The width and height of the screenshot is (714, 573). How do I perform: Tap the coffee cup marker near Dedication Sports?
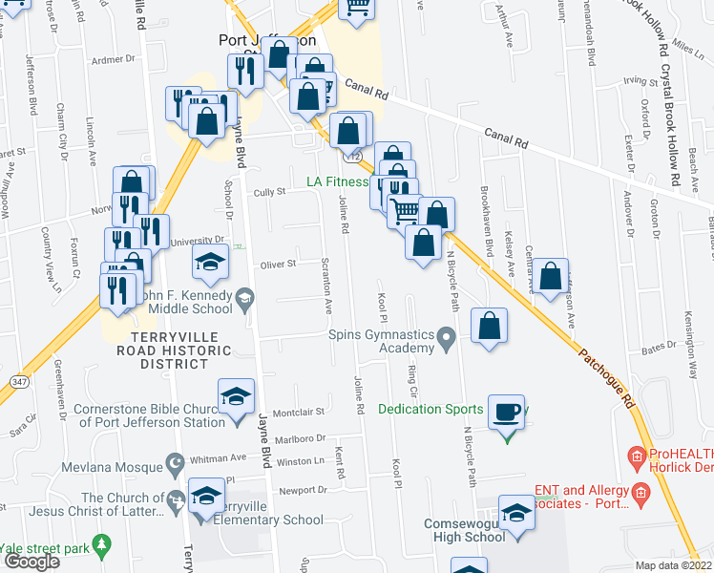(507, 413)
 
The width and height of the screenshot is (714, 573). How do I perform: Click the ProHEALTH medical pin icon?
(636, 459)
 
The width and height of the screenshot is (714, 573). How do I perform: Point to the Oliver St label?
(279, 264)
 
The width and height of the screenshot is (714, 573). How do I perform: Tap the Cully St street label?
(269, 192)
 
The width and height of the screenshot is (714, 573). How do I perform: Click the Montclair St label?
(300, 413)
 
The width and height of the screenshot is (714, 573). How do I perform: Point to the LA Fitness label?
(336, 182)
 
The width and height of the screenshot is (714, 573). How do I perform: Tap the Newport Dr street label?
(303, 491)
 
